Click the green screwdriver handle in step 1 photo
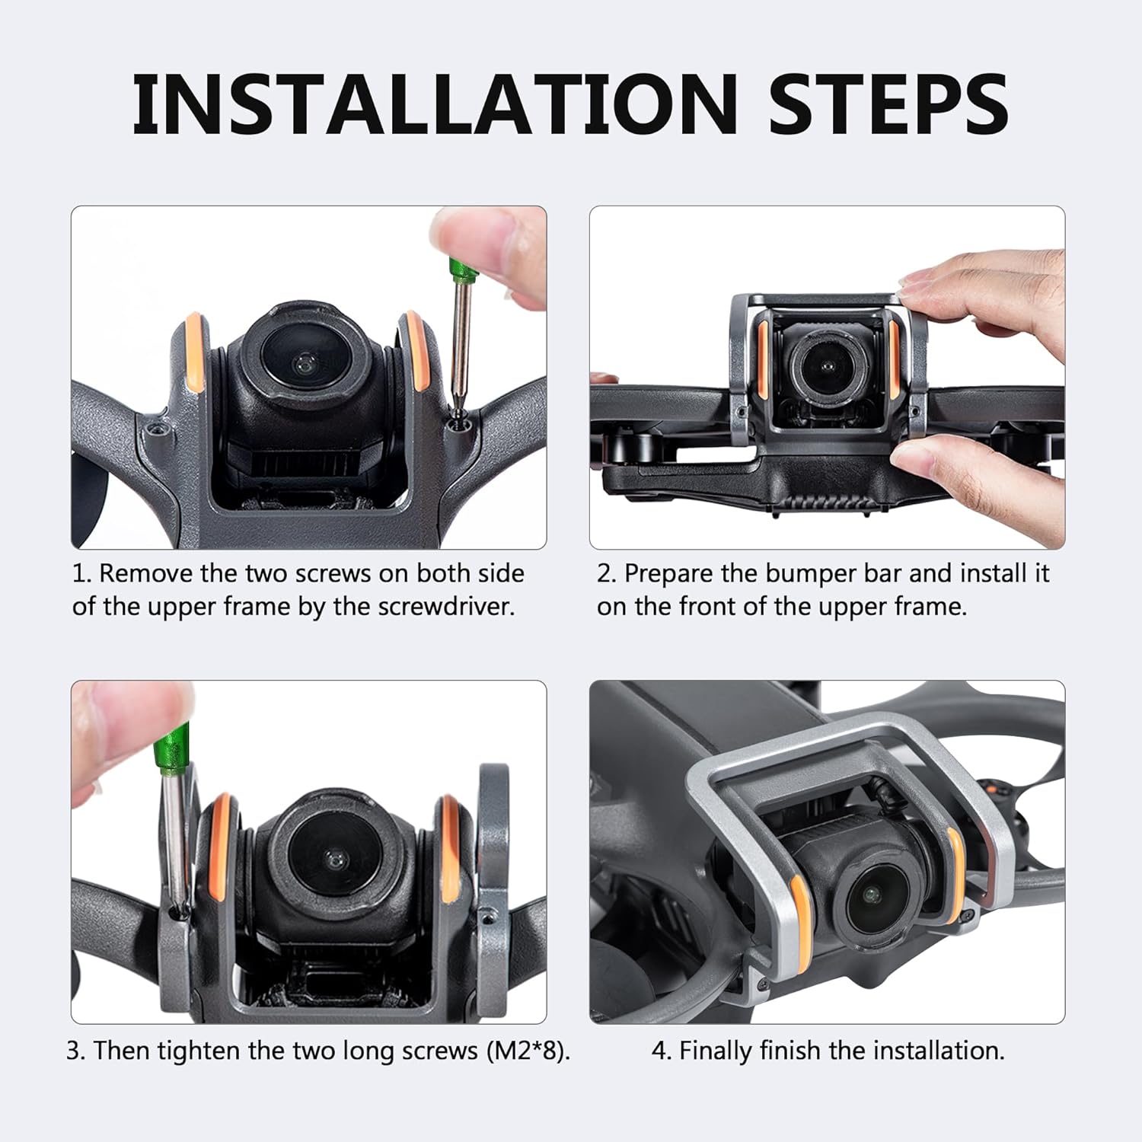click(x=458, y=269)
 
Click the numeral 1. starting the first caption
click(x=81, y=573)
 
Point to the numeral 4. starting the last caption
click(x=662, y=1051)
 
